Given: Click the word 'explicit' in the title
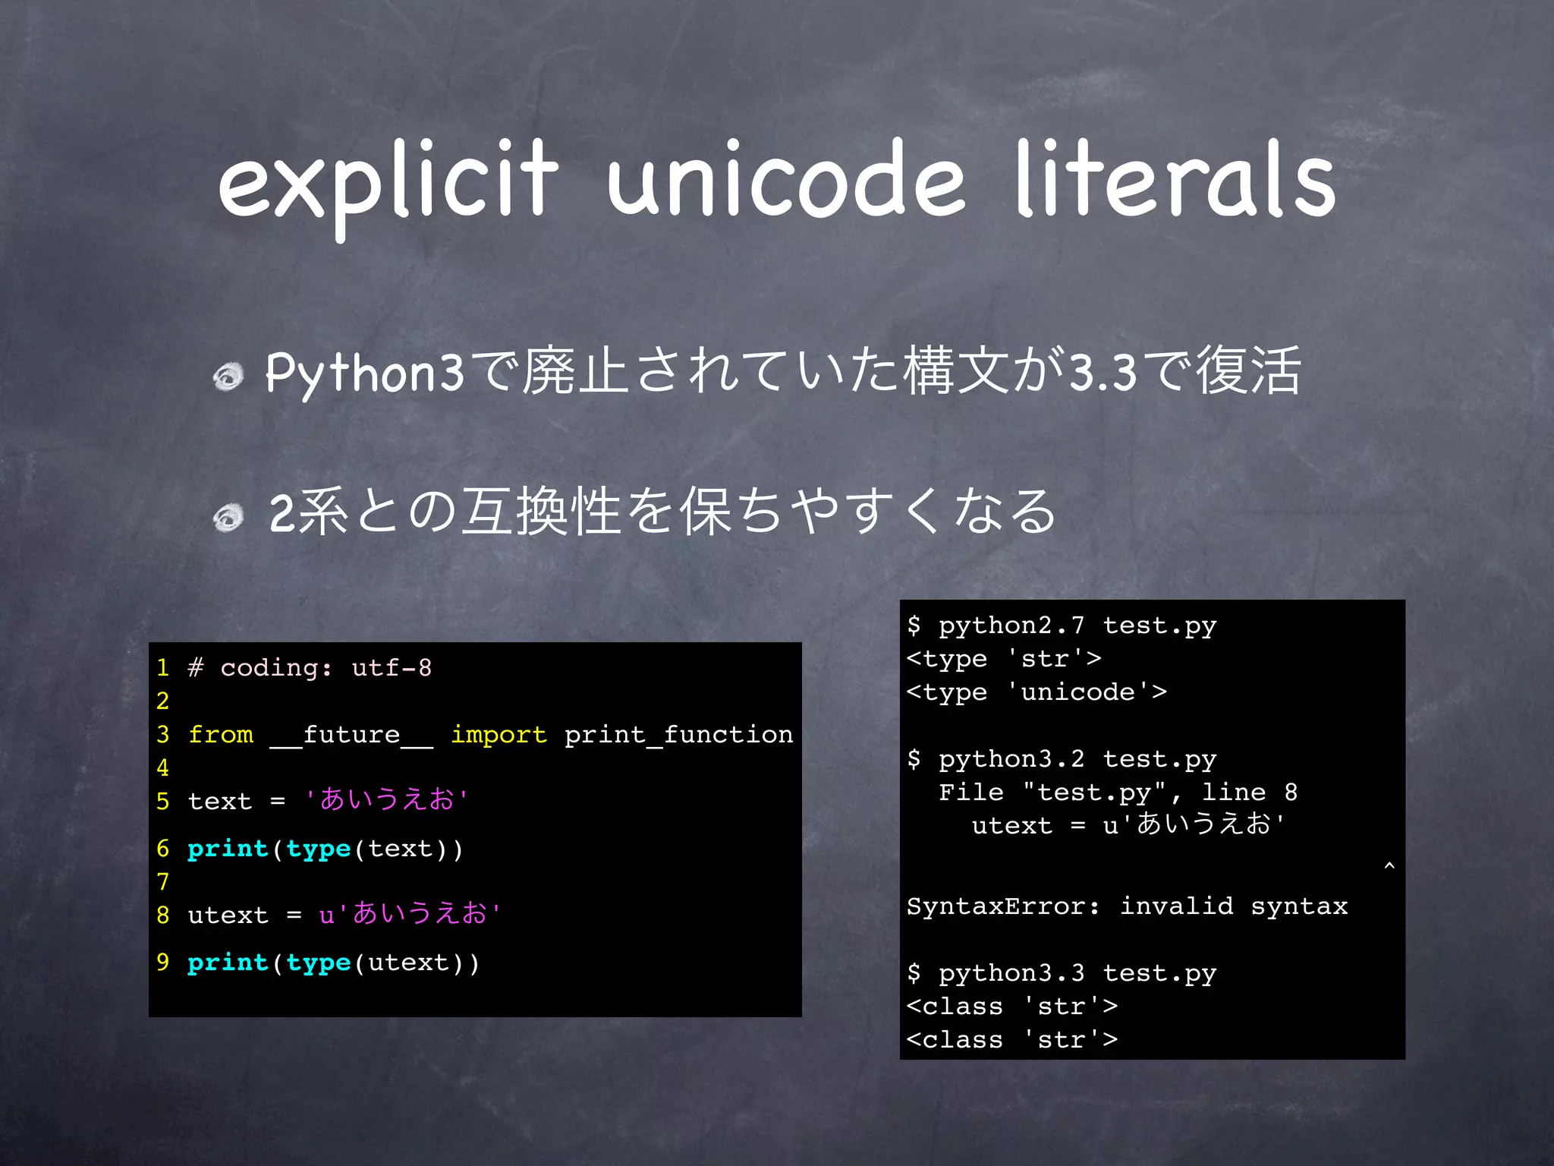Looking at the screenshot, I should (388, 182).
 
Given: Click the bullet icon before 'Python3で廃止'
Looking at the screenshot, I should (228, 376).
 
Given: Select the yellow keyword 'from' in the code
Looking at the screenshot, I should (221, 735).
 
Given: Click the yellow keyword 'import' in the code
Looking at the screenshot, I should (499, 735).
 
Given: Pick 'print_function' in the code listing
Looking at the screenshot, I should (678, 735).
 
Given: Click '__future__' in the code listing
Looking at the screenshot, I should (351, 735).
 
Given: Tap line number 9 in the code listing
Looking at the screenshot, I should (162, 963).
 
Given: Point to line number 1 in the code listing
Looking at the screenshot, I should (162, 668).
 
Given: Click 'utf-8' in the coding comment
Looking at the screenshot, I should (392, 668).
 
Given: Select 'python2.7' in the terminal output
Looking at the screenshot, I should (1011, 626).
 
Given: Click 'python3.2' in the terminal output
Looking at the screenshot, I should (1011, 759).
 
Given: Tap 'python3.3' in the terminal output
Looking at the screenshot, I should (1011, 973).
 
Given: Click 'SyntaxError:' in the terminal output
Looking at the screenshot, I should (1003, 906).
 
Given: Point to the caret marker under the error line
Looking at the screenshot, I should (1389, 865).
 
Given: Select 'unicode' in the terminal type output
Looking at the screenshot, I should (1077, 692).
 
